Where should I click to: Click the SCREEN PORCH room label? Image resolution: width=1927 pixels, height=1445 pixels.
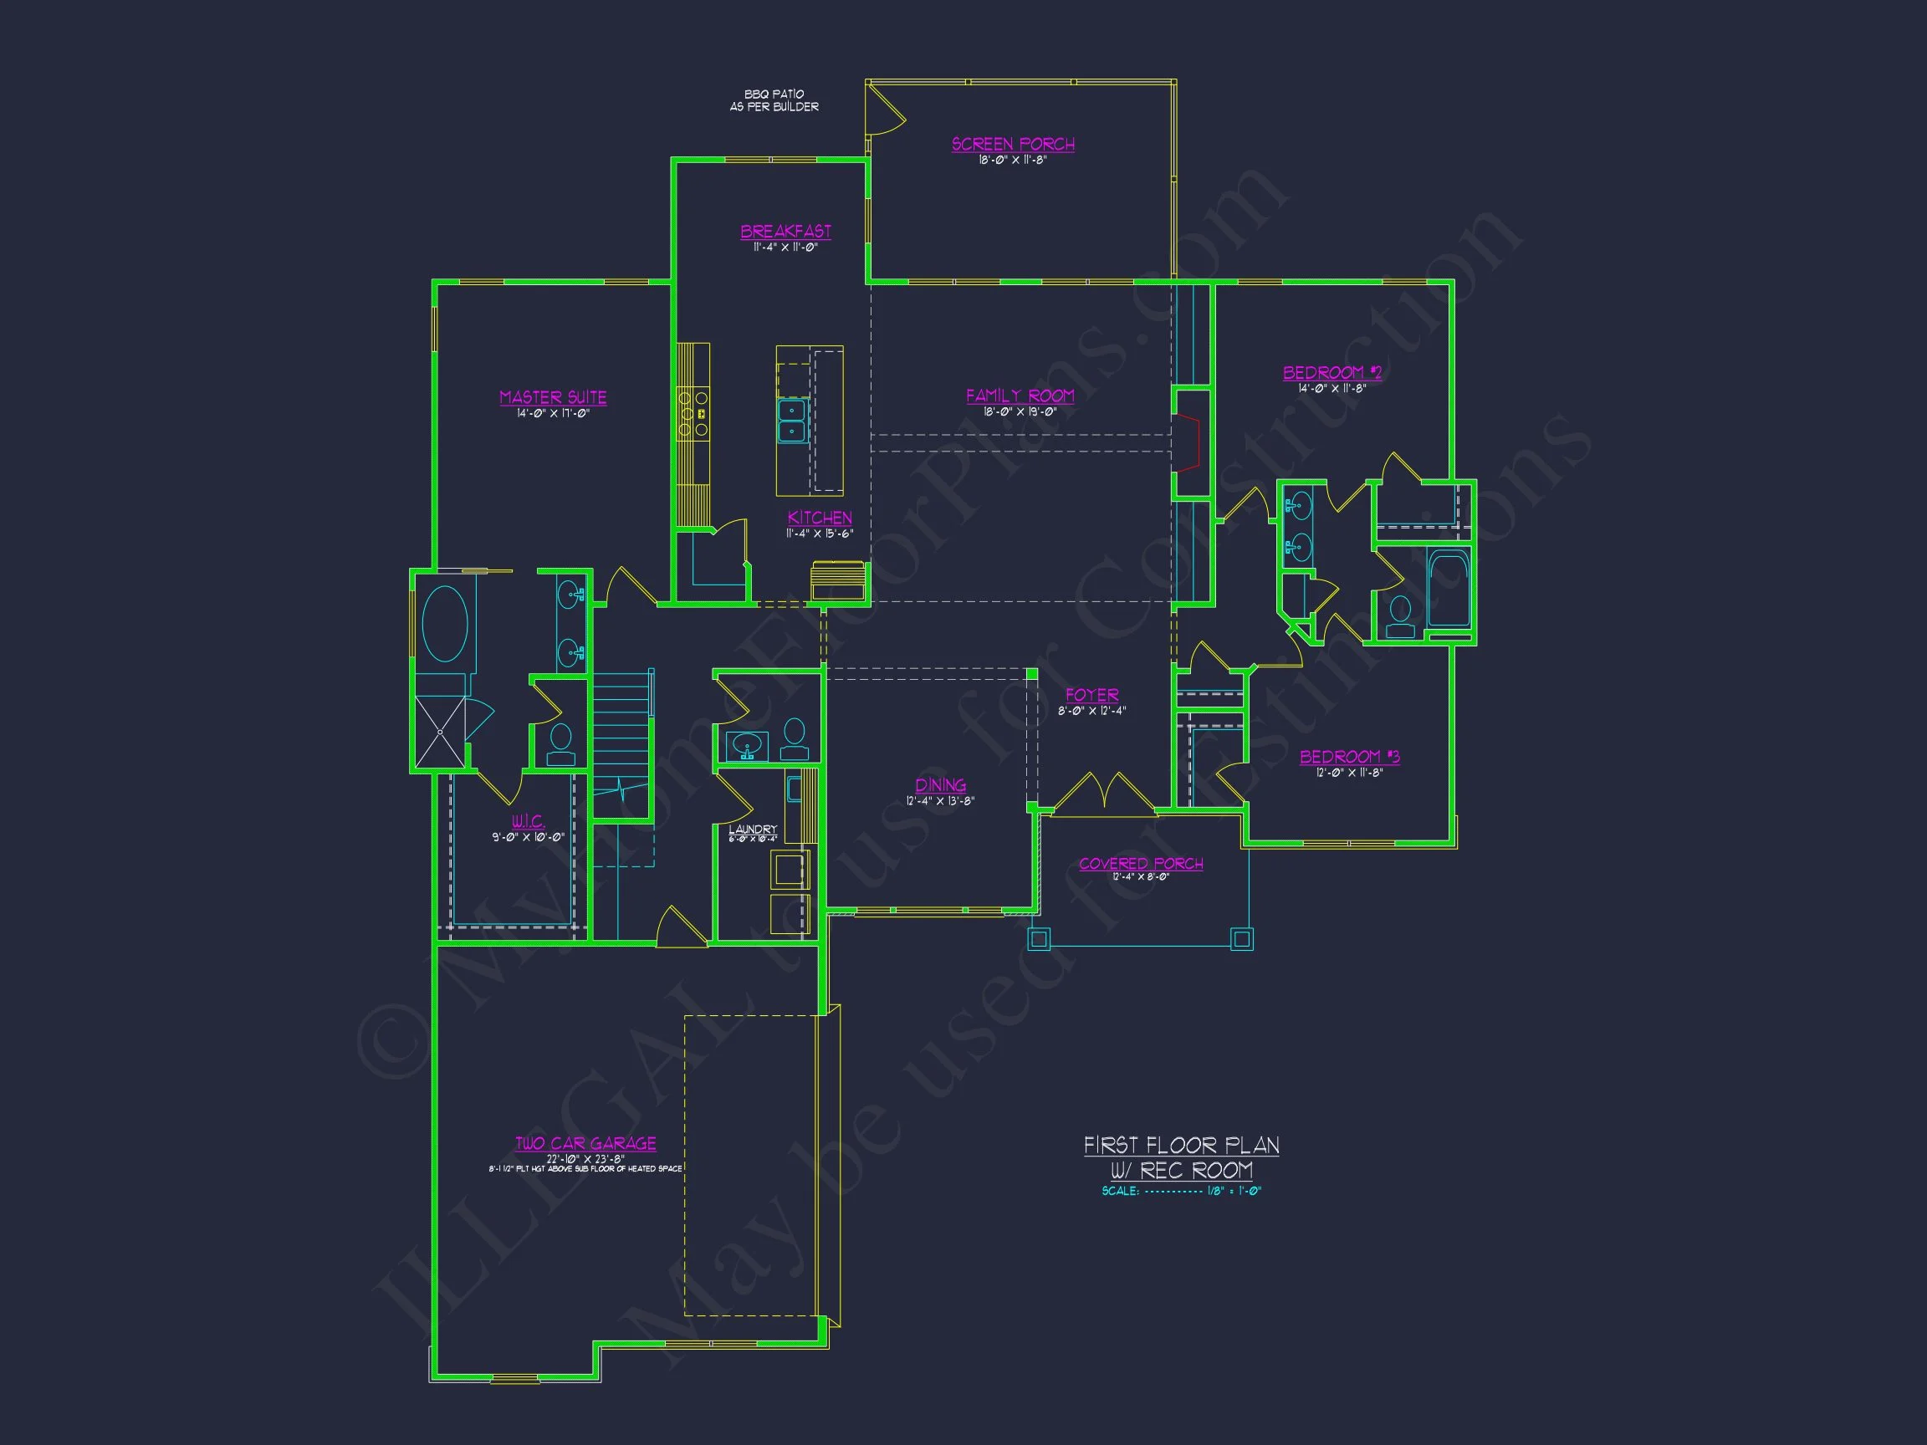[x=1012, y=144]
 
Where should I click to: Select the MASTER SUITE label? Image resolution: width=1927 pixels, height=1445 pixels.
[x=552, y=397]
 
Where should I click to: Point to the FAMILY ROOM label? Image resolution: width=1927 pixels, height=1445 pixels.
[x=1020, y=396]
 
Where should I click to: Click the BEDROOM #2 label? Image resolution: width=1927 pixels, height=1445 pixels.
[x=1332, y=373]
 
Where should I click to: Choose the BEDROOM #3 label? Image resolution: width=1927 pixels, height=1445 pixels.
[x=1349, y=756]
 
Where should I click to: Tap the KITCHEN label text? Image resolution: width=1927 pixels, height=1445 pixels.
[x=820, y=518]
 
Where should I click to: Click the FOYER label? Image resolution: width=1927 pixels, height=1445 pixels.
[x=1091, y=695]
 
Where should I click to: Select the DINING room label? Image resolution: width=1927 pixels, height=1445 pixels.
[x=940, y=784]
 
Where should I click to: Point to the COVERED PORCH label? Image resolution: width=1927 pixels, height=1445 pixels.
[x=1140, y=863]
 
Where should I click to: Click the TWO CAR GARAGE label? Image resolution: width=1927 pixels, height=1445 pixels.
[x=585, y=1144]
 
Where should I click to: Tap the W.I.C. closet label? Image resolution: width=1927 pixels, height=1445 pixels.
[x=528, y=820]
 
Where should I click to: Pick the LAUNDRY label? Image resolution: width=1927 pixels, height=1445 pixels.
[x=753, y=830]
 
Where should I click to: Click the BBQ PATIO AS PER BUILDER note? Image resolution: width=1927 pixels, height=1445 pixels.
[x=774, y=100]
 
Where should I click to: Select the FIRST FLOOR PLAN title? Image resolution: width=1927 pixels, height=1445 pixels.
[x=1181, y=1146]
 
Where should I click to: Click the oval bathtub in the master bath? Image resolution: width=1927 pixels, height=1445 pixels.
[x=444, y=624]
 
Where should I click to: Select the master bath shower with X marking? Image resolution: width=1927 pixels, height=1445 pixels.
[x=440, y=732]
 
